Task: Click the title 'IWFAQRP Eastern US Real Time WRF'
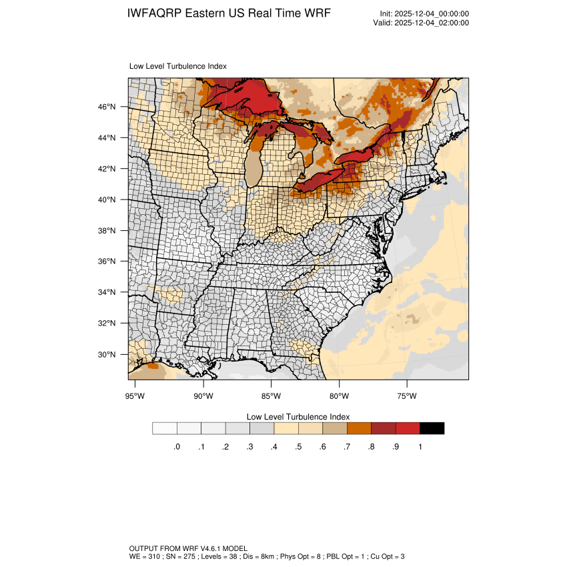pyautogui.click(x=228, y=14)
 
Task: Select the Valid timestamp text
pyautogui.click(x=421, y=23)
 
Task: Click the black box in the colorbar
pyautogui.click(x=432, y=428)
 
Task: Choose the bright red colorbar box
pyautogui.click(x=408, y=428)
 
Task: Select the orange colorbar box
pyautogui.click(x=359, y=428)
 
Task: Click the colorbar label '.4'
pyautogui.click(x=273, y=447)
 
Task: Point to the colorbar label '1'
pyautogui.click(x=420, y=447)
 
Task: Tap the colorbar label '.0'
pyautogui.click(x=176, y=447)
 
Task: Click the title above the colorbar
pyautogui.click(x=298, y=416)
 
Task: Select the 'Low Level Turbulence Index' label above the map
pyautogui.click(x=177, y=67)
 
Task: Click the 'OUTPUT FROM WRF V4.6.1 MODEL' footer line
pyautogui.click(x=188, y=548)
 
